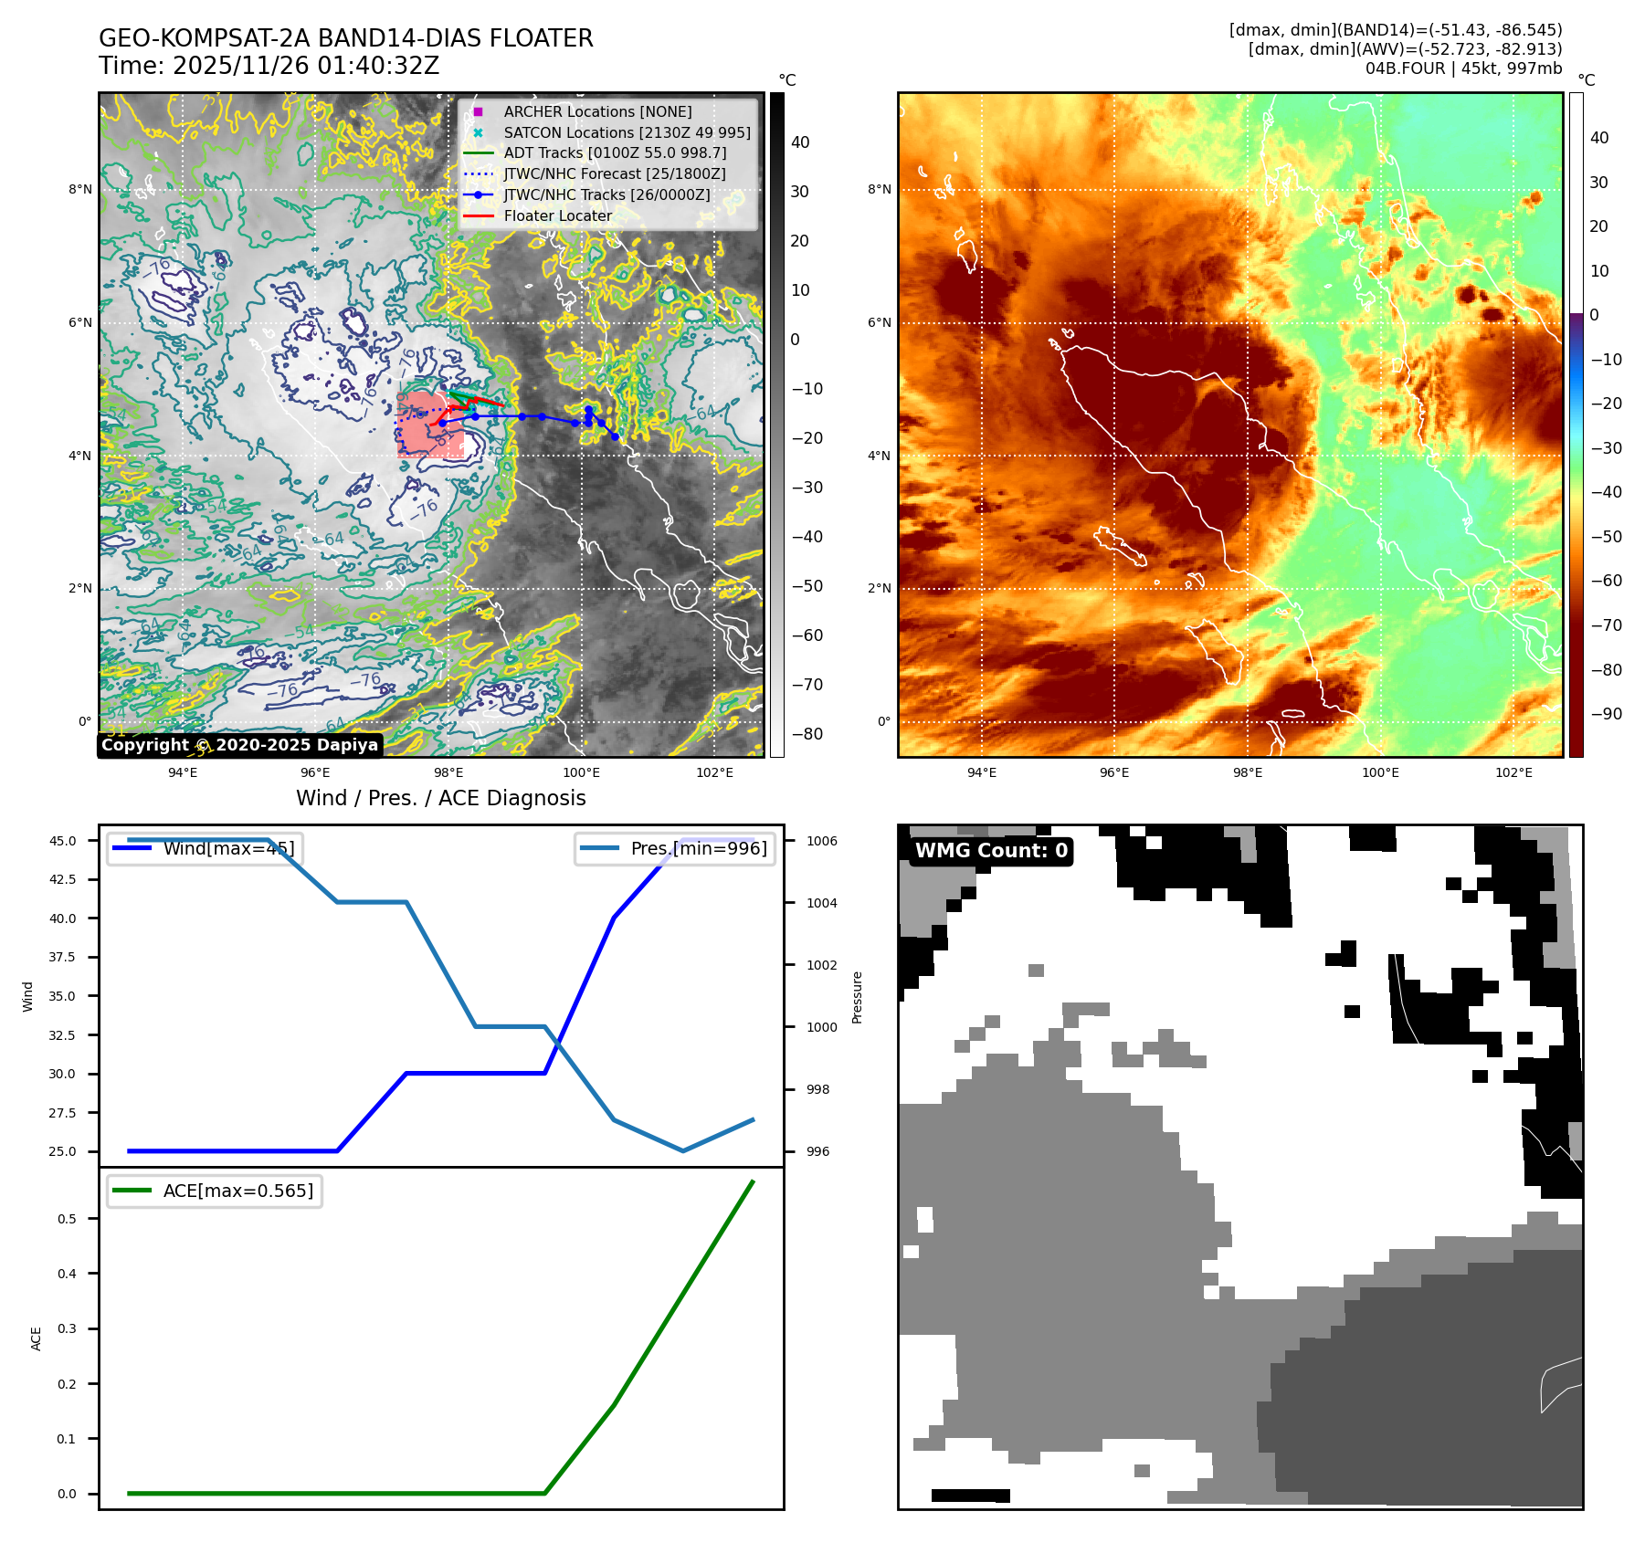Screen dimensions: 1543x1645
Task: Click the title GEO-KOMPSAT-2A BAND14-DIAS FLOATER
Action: (345, 38)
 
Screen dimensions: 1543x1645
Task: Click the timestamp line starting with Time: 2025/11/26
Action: (269, 66)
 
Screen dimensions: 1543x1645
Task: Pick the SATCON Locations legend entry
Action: (627, 132)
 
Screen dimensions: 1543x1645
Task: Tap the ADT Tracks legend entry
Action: (615, 152)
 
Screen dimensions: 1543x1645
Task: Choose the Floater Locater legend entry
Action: (558, 215)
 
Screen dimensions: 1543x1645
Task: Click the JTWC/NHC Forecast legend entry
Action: (615, 173)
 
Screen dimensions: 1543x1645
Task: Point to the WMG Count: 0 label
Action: (991, 851)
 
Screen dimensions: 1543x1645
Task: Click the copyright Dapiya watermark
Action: (239, 745)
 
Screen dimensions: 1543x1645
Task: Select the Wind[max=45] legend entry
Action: (228, 848)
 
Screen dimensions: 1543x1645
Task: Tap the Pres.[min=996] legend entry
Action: (699, 848)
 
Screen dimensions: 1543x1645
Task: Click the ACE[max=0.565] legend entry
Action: (237, 1191)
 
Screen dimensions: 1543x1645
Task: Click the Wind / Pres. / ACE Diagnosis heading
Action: (440, 798)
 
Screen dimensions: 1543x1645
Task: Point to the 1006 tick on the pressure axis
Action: (822, 841)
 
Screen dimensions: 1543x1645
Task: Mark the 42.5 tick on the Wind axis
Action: (63, 879)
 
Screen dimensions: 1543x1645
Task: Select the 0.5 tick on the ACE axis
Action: (67, 1219)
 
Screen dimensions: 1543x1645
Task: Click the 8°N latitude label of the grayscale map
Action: (80, 190)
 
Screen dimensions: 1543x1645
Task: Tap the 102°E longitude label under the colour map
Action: (1513, 772)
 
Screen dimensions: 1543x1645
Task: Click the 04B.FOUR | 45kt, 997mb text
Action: (1463, 68)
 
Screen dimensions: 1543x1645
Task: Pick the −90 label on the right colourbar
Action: (1606, 714)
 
